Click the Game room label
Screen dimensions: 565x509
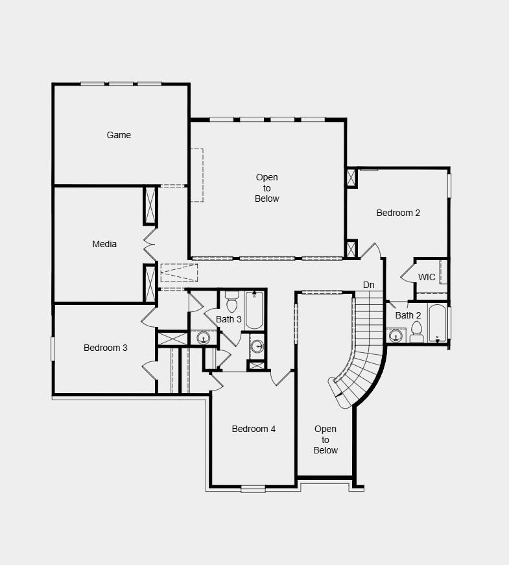tap(119, 135)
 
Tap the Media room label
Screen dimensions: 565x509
tap(104, 244)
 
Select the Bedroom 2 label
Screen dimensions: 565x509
tap(398, 213)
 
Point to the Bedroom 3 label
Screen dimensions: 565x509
tap(106, 348)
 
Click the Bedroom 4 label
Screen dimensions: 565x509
tap(254, 429)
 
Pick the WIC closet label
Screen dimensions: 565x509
tap(427, 277)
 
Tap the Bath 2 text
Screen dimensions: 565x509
tap(408, 315)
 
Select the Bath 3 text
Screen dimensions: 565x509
tap(229, 319)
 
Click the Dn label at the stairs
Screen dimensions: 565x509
tap(368, 285)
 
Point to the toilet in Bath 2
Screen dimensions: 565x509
tap(416, 332)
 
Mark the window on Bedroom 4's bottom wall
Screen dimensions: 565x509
tap(253, 488)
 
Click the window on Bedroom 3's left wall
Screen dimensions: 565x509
tap(53, 348)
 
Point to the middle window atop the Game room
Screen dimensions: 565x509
tap(121, 84)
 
